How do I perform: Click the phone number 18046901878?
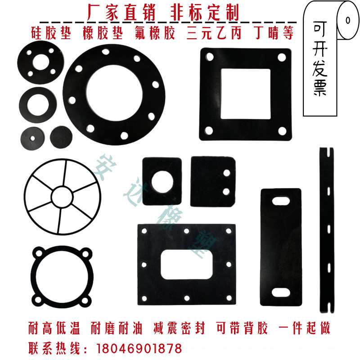pos(139,348)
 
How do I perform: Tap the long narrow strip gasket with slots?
pos(328,229)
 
